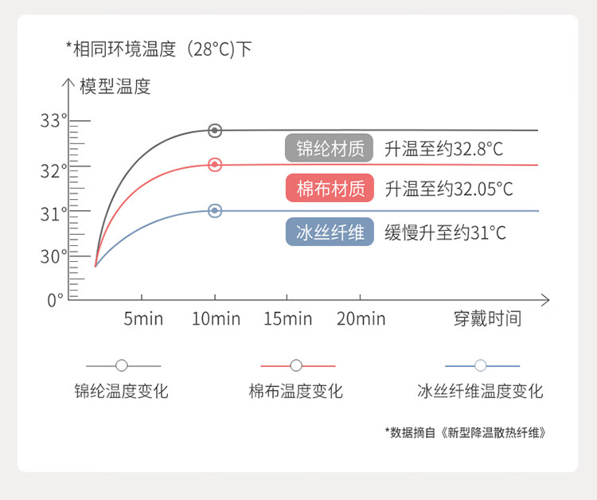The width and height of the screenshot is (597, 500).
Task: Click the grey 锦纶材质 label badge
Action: tap(330, 148)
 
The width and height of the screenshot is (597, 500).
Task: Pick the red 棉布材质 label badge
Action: tap(330, 188)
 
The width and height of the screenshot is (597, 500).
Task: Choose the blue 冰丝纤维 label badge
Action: tap(330, 232)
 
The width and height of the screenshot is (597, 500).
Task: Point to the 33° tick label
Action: tap(53, 121)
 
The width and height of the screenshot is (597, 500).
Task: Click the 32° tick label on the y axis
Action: tap(53, 171)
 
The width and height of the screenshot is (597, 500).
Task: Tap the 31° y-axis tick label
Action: tap(53, 214)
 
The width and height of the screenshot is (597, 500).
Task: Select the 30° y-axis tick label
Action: tap(53, 256)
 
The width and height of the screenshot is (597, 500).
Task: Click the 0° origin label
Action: tap(55, 300)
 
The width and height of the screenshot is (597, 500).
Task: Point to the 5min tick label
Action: tap(143, 318)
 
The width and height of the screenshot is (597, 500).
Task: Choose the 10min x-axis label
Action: tap(216, 318)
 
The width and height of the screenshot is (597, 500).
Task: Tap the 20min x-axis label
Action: tap(361, 318)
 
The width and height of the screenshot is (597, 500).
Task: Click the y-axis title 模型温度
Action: tap(115, 87)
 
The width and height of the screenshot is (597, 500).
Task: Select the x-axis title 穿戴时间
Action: tap(487, 318)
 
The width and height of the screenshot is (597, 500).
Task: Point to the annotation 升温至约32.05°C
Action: tap(449, 189)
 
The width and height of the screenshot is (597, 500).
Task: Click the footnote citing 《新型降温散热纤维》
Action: tap(466, 432)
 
